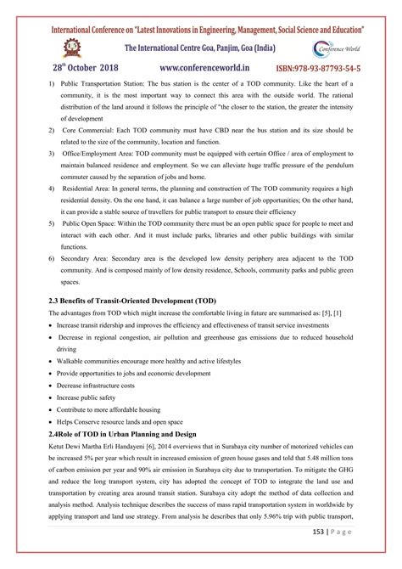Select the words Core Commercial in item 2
[88, 131]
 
